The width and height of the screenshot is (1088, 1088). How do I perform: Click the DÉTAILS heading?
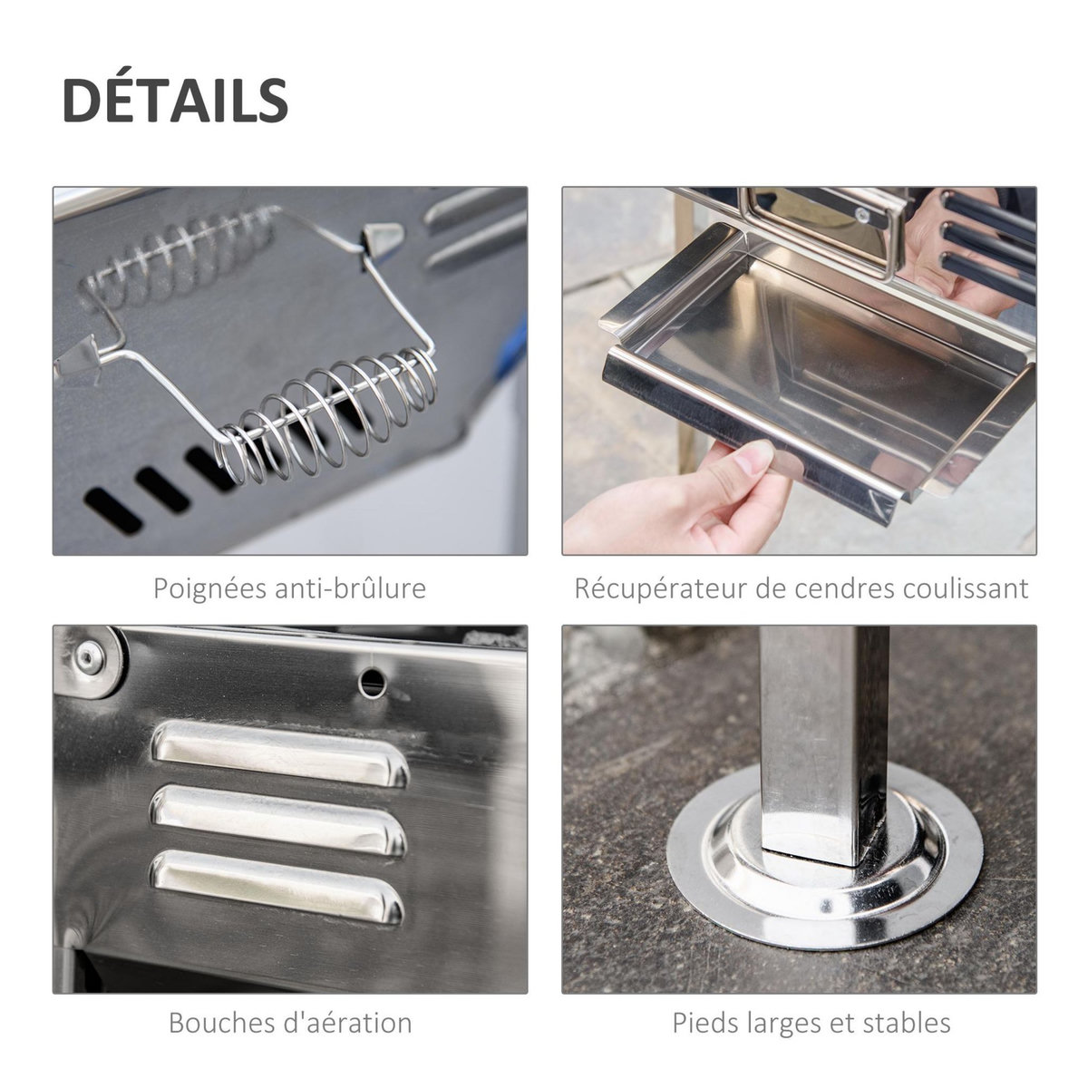(x=175, y=100)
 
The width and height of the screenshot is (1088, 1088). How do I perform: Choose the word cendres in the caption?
(x=846, y=588)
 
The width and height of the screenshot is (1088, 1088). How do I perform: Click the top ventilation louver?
(x=279, y=753)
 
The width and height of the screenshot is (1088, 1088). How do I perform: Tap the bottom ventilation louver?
(x=276, y=885)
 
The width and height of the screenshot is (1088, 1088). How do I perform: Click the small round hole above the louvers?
(x=372, y=682)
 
